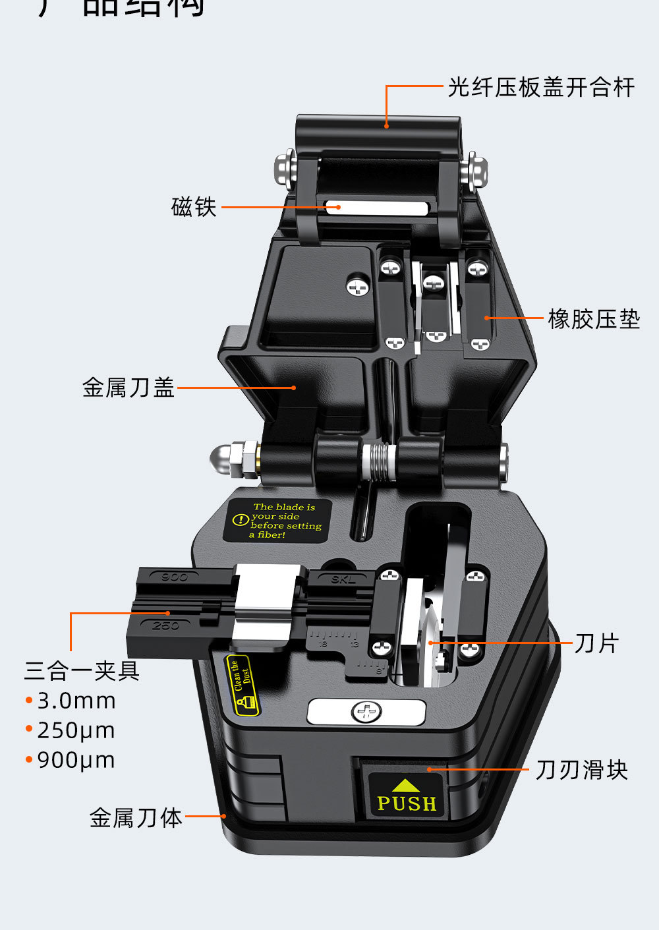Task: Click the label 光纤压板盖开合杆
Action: pyautogui.click(x=541, y=87)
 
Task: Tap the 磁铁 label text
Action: pyautogui.click(x=194, y=207)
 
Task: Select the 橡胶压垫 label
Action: pyautogui.click(x=594, y=319)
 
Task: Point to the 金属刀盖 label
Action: pyautogui.click(x=129, y=388)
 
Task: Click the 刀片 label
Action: pyautogui.click(x=596, y=643)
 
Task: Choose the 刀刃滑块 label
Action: pyautogui.click(x=581, y=770)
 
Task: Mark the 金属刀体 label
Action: pyautogui.click(x=136, y=818)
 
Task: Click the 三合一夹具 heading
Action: pyautogui.click(x=82, y=671)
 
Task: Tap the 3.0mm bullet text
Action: pyautogui.click(x=76, y=701)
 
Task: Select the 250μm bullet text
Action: pyautogui.click(x=76, y=730)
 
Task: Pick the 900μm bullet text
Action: pyautogui.click(x=76, y=760)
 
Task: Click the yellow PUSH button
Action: pyautogui.click(x=406, y=796)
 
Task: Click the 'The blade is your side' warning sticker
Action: pyautogui.click(x=277, y=521)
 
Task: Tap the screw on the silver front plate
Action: pyautogui.click(x=366, y=712)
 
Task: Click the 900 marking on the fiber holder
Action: pyautogui.click(x=174, y=577)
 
